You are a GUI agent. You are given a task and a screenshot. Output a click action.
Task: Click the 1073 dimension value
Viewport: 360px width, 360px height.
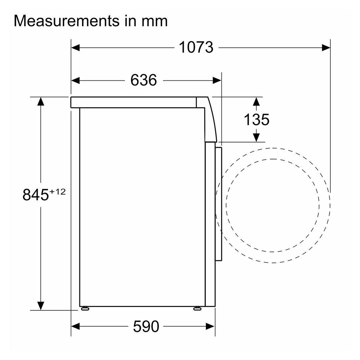point(196,47)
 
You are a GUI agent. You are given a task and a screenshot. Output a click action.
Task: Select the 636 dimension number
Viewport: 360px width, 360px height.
point(144,80)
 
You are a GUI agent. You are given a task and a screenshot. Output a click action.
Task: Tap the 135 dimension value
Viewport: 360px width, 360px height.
point(257,120)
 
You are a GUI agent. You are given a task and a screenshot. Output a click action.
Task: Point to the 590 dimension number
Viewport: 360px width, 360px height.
point(146,326)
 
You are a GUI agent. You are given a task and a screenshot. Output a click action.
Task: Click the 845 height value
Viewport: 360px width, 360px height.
point(36,195)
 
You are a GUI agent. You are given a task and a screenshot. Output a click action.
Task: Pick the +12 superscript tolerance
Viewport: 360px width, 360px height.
point(57,192)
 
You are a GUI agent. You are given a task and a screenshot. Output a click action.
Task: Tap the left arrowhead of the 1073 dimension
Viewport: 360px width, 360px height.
point(75,48)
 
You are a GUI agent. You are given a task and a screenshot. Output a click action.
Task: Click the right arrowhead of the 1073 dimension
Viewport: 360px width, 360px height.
point(326,48)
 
